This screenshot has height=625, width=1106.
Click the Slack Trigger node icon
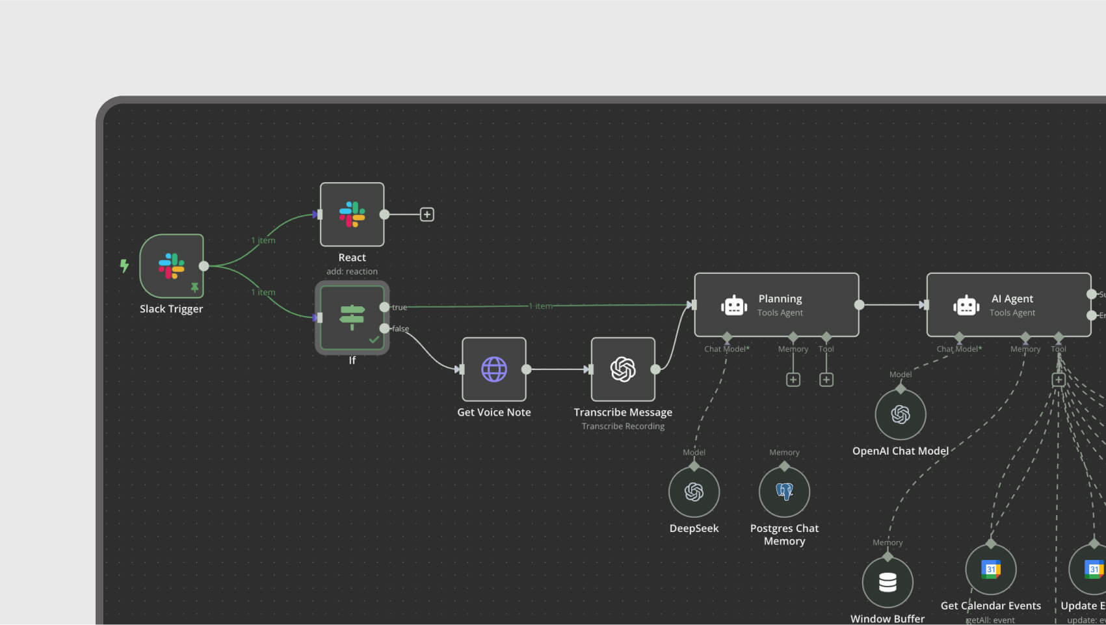tap(172, 266)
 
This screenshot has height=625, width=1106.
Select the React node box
tap(352, 215)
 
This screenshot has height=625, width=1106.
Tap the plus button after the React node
tap(427, 215)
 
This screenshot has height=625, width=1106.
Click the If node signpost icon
tap(352, 317)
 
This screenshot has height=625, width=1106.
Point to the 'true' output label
tap(399, 307)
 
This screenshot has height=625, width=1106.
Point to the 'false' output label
tap(401, 328)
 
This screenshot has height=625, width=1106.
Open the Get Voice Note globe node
tap(494, 369)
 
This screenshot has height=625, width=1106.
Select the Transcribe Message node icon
tap(623, 369)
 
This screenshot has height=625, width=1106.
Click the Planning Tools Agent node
tap(776, 305)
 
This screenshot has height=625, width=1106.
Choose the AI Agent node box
tap(1008, 305)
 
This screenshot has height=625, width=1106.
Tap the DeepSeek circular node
tap(694, 492)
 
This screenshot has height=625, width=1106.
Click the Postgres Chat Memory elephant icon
tap(784, 492)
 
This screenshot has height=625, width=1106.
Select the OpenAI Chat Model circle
tap(901, 414)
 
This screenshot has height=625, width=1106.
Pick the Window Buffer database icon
tap(888, 582)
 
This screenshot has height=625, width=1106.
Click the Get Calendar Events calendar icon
tap(991, 570)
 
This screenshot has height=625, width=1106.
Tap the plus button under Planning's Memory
tap(793, 380)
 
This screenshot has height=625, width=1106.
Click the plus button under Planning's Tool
tap(826, 380)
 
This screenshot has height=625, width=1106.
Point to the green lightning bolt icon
tap(124, 265)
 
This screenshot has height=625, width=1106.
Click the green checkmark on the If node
tap(374, 339)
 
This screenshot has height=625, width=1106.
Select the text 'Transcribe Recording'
tap(623, 427)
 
